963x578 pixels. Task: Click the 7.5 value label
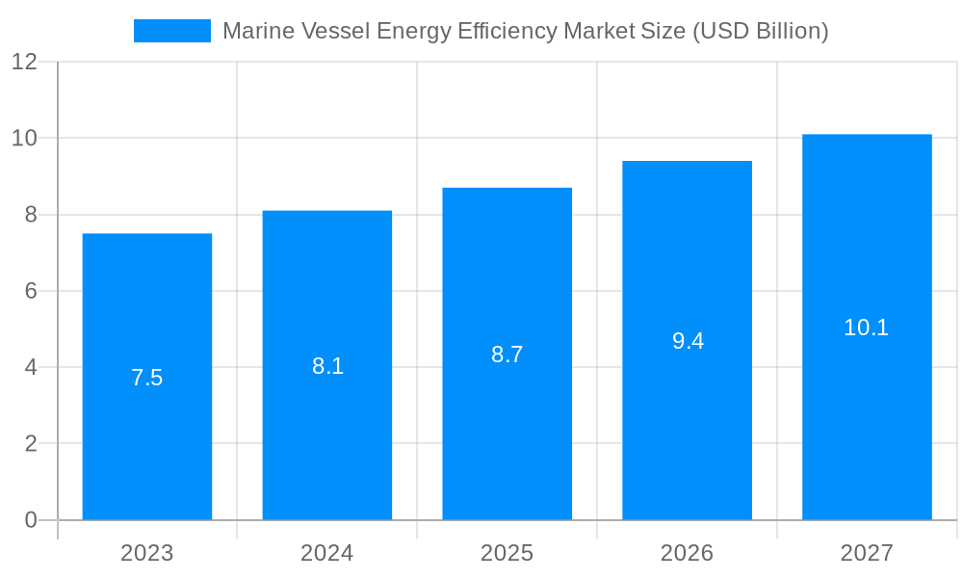pos(147,378)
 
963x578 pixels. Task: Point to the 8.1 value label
pos(327,366)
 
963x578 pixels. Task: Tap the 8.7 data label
pos(508,355)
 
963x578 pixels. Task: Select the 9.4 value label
pos(688,341)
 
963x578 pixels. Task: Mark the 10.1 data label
pos(867,328)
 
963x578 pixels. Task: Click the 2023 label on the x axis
pos(147,553)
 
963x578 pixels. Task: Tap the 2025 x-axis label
pos(508,553)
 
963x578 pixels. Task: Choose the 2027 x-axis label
pos(867,553)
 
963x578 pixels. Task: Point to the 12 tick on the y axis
pos(24,62)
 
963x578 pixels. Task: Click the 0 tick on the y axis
pos(30,520)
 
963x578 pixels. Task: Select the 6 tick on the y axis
pos(30,291)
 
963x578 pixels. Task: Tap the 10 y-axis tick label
pos(24,138)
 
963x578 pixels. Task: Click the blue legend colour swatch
pos(171,31)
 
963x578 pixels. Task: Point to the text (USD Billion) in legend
pos(760,31)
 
